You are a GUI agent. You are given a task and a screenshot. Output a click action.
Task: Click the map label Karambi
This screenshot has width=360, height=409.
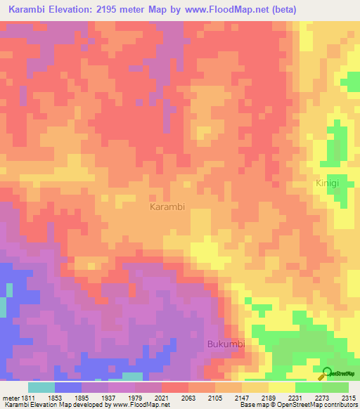[167, 207]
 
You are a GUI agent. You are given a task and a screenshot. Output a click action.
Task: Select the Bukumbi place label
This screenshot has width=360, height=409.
[225, 344]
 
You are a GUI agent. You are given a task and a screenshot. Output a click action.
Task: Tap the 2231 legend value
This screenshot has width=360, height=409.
[308, 398]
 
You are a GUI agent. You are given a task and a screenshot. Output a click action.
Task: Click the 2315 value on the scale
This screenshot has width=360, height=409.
[349, 398]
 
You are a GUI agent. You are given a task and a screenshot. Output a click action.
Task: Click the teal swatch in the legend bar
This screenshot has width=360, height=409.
[41, 387]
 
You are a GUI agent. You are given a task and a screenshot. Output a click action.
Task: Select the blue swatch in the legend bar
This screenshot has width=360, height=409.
[68, 387]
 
